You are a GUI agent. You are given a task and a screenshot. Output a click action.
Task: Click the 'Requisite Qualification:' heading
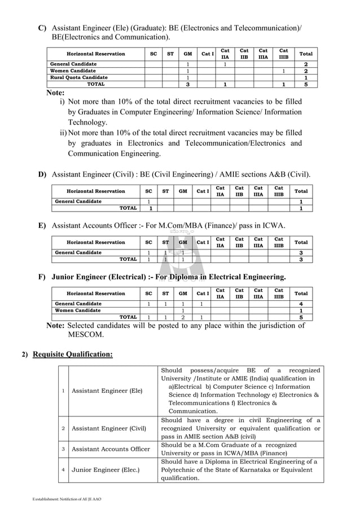pyautogui.click(x=73, y=354)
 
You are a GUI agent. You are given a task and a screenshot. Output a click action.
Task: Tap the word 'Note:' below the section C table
pyautogui.click(x=55, y=93)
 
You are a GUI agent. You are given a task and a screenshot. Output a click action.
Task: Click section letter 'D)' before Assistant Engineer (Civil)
pyautogui.click(x=42, y=174)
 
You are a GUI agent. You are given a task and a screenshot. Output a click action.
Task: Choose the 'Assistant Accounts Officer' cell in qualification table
pyautogui.click(x=111, y=449)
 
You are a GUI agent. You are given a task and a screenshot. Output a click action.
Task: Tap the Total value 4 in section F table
pyautogui.click(x=301, y=304)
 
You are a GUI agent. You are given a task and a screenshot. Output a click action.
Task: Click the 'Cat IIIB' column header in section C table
pyautogui.click(x=283, y=54)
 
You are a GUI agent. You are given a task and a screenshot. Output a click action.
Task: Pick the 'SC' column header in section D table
pyautogui.click(x=148, y=191)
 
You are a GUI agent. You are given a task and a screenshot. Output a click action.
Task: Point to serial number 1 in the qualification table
pyautogui.click(x=64, y=390)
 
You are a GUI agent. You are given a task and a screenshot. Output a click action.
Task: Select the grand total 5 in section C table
pyautogui.click(x=306, y=84)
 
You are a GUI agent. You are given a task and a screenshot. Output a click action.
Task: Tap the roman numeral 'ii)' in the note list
pyautogui.click(x=63, y=133)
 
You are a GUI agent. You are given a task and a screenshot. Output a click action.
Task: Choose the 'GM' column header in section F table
pyautogui.click(x=183, y=293)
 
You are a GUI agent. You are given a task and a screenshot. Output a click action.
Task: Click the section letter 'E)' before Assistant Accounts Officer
pyautogui.click(x=42, y=226)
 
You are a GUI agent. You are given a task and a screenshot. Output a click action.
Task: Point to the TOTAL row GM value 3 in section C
pyautogui.click(x=187, y=84)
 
